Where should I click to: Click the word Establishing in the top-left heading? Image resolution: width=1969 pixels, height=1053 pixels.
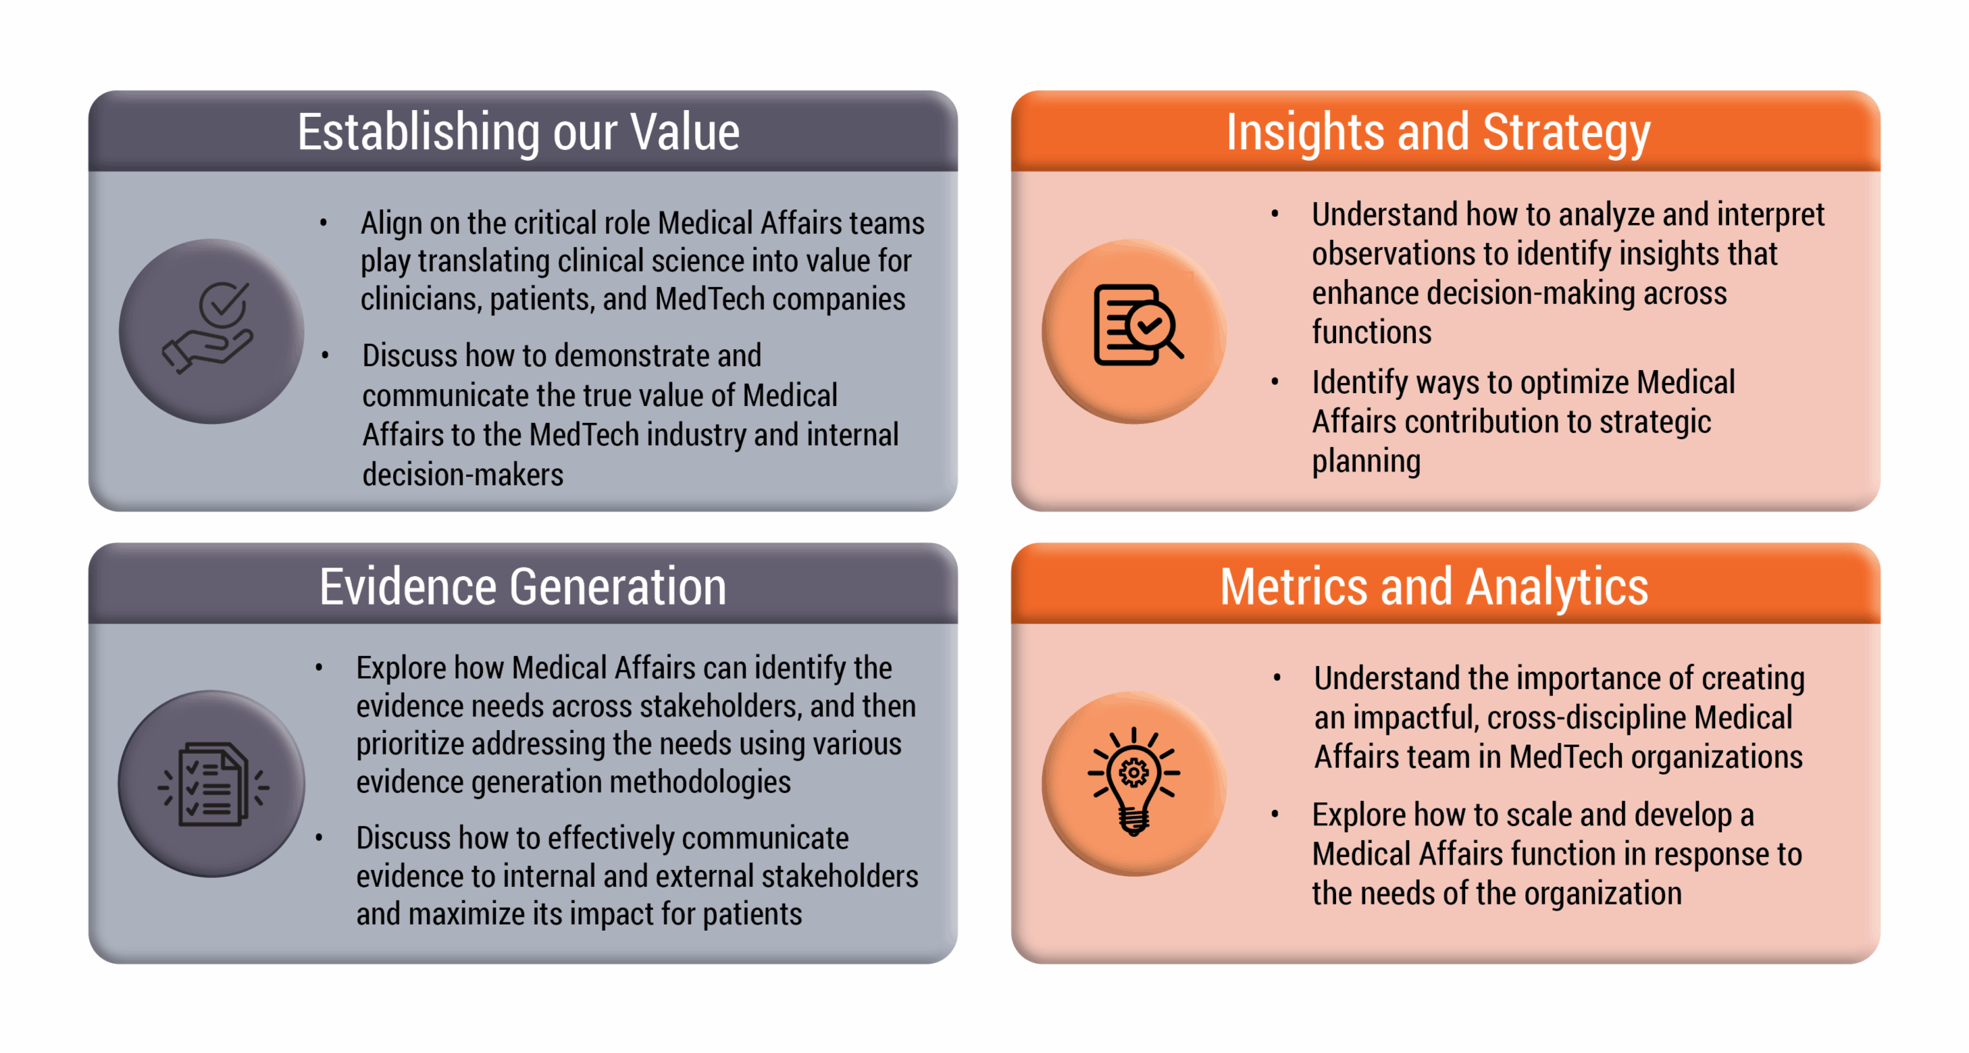(x=419, y=133)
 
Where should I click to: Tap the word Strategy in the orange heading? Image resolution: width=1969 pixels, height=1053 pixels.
(x=1566, y=133)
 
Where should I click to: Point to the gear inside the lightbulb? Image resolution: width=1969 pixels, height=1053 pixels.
(x=1134, y=772)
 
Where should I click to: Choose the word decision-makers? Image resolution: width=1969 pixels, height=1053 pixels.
(x=463, y=475)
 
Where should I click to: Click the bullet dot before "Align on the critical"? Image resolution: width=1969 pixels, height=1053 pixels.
(x=324, y=224)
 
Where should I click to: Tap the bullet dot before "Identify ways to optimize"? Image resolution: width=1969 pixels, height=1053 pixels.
(x=1275, y=382)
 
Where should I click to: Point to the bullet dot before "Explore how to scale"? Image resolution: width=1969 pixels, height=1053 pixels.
(x=1275, y=814)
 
